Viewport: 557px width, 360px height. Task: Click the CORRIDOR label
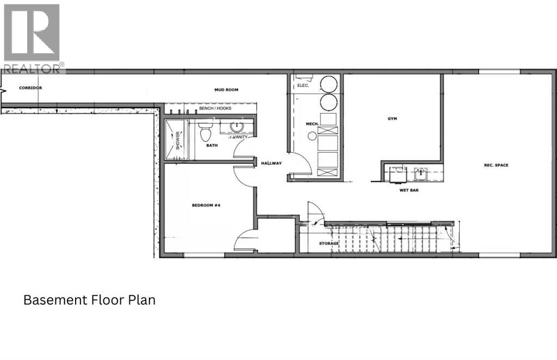(30, 88)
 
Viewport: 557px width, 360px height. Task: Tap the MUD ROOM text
(225, 89)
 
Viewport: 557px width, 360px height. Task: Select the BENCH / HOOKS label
(215, 109)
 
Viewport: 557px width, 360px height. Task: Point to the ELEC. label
(303, 86)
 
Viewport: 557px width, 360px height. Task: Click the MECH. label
(312, 124)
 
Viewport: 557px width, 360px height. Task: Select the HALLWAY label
(270, 163)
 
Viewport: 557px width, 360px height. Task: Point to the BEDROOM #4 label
(205, 206)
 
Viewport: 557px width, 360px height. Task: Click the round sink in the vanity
(237, 127)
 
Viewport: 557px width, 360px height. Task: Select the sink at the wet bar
(420, 175)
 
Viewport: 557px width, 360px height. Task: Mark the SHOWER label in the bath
(178, 140)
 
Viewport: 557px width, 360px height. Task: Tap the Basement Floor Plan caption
(89, 300)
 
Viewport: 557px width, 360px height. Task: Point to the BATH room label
(212, 146)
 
